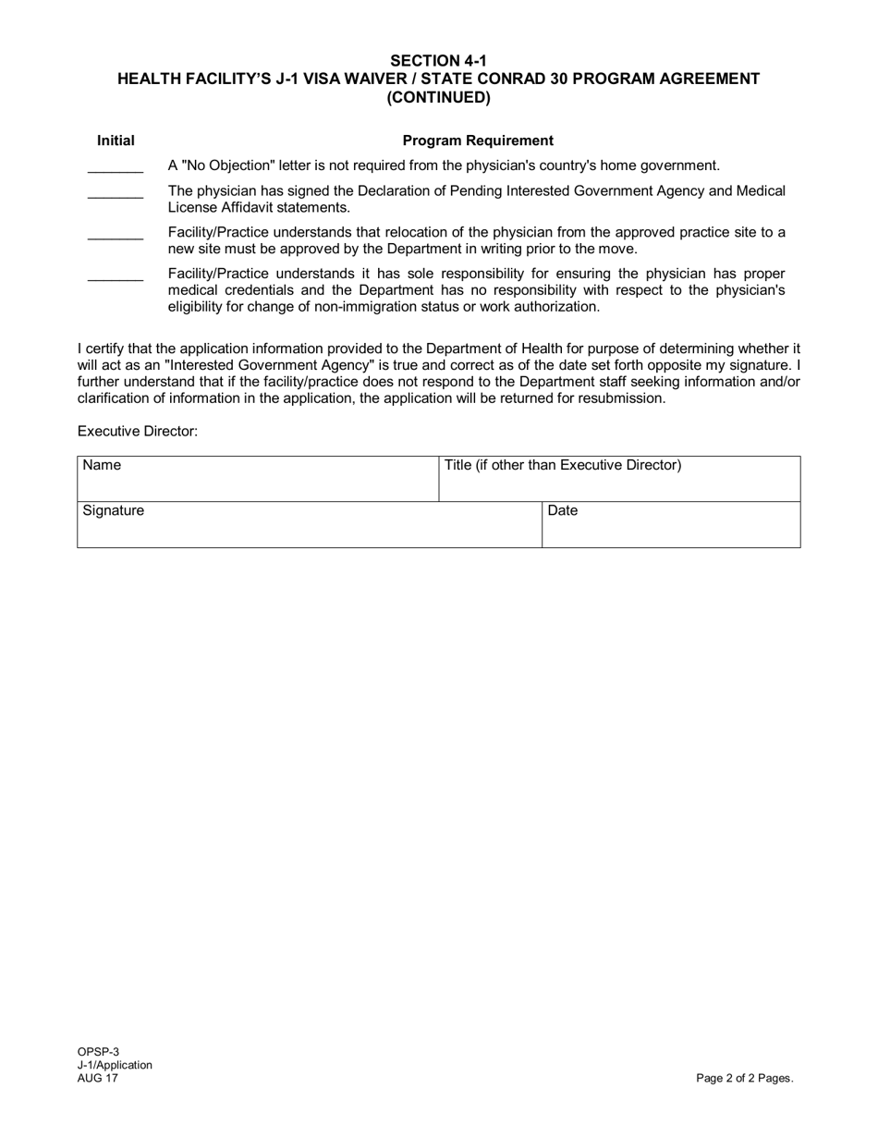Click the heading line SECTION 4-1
pyautogui.click(x=438, y=61)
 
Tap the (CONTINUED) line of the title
pyautogui.click(x=438, y=97)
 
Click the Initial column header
pyautogui.click(x=116, y=141)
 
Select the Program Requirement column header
pyautogui.click(x=478, y=141)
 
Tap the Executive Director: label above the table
pyautogui.click(x=138, y=432)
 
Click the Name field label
pyautogui.click(x=102, y=465)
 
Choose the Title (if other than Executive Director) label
pyautogui.click(x=563, y=465)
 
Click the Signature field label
pyautogui.click(x=114, y=510)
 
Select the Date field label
pyautogui.click(x=563, y=510)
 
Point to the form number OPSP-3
pyautogui.click(x=98, y=1051)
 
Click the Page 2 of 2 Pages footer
pyautogui.click(x=744, y=1078)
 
